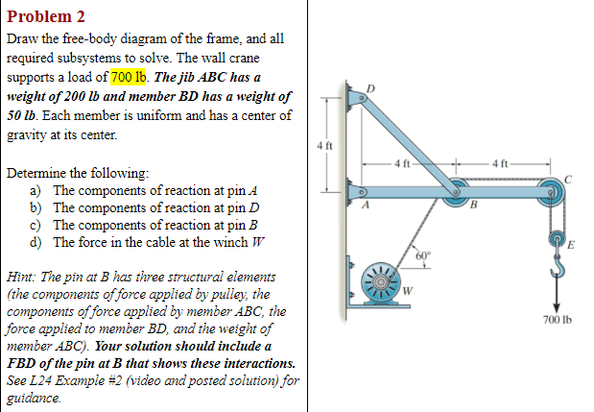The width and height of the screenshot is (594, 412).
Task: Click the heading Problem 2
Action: pos(46,16)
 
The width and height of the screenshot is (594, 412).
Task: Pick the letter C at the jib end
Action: pos(569,180)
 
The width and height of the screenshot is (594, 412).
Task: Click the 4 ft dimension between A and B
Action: pos(403,160)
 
